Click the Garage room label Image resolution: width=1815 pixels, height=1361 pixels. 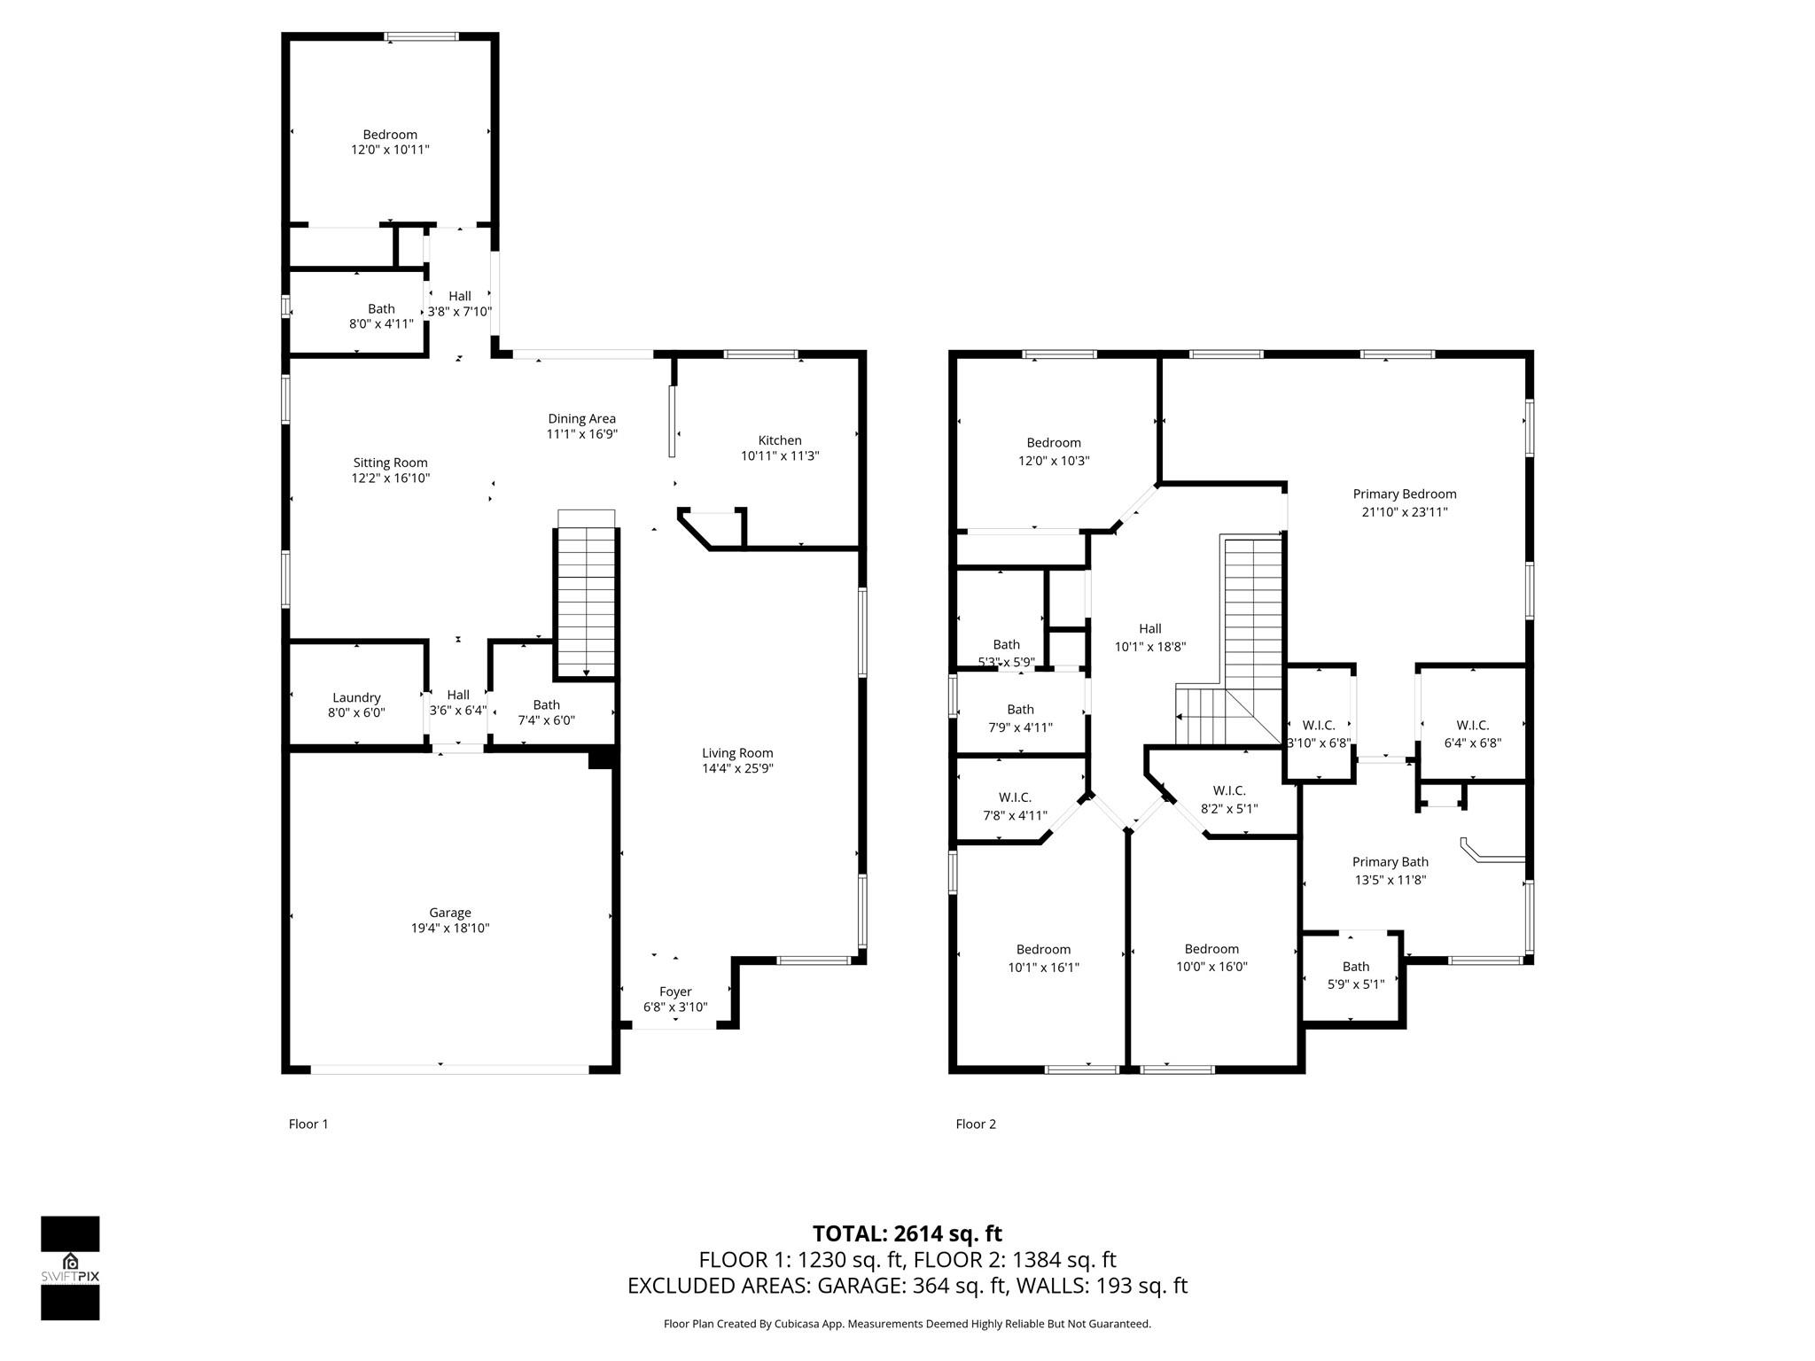pyautogui.click(x=450, y=913)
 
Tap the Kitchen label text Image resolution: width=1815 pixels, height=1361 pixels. pyautogui.click(x=780, y=440)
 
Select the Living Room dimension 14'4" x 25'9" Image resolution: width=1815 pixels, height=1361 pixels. pyautogui.click(x=737, y=769)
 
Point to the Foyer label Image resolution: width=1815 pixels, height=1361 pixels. pyautogui.click(x=675, y=992)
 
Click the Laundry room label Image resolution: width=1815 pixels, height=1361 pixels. pyautogui.click(x=356, y=698)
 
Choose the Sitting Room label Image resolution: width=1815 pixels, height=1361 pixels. pyautogui.click(x=391, y=463)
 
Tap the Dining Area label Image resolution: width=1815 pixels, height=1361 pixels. pyautogui.click(x=581, y=419)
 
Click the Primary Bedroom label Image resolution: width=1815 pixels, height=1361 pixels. pyautogui.click(x=1405, y=494)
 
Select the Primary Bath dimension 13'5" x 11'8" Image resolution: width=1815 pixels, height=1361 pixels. pyautogui.click(x=1390, y=880)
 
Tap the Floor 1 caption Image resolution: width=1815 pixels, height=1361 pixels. pyautogui.click(x=308, y=1124)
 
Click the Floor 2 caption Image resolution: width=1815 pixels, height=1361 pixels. pyautogui.click(x=976, y=1124)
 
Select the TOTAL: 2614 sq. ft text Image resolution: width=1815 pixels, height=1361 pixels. pyautogui.click(x=907, y=1233)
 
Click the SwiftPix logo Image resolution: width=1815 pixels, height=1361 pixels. pyautogui.click(x=70, y=1268)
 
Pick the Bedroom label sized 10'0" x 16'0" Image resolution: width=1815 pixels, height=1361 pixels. pyautogui.click(x=1211, y=949)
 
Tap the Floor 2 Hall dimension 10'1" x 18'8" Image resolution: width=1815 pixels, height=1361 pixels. pyautogui.click(x=1150, y=647)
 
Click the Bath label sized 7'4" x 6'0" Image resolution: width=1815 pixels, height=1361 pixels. pyautogui.click(x=547, y=705)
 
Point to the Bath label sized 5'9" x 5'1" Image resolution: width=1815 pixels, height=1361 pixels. pyautogui.click(x=1356, y=967)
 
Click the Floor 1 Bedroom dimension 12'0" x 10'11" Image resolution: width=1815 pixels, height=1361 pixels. pyautogui.click(x=391, y=150)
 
